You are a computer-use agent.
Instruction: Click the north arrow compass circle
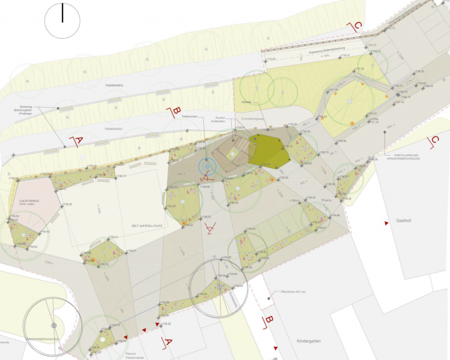62,21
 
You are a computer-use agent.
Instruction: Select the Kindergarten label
306,343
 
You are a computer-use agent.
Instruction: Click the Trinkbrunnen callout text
189,117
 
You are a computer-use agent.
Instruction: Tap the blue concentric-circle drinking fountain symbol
206,166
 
